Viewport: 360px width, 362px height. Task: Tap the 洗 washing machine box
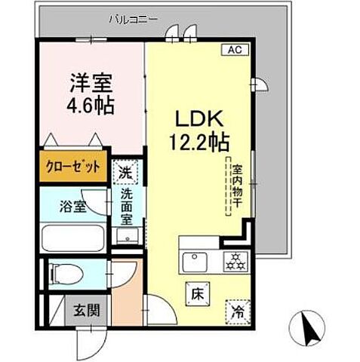coord(126,172)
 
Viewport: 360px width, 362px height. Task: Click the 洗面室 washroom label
coord(127,207)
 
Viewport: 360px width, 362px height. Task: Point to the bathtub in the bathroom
coord(72,238)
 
